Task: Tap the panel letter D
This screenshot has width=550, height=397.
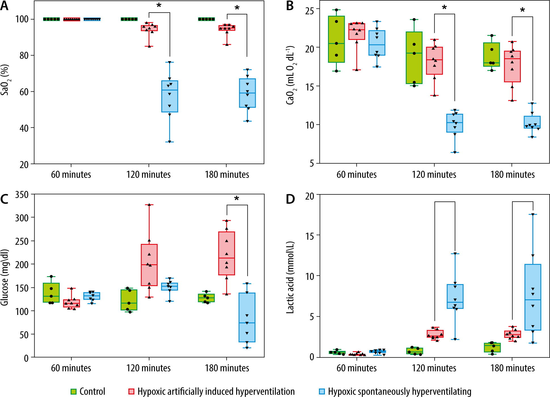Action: [290, 199]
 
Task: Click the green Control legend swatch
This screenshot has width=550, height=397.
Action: [73, 392]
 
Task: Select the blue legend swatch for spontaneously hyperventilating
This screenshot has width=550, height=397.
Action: [322, 392]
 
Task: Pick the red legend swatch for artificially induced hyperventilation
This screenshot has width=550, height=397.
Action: [131, 392]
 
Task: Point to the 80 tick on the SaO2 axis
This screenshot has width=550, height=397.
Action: [24, 55]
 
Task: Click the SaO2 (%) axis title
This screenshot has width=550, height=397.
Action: [5, 80]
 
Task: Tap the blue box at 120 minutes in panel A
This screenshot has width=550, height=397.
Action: [170, 96]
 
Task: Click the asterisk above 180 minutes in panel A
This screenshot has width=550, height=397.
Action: [237, 8]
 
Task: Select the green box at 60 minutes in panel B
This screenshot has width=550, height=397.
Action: [336, 39]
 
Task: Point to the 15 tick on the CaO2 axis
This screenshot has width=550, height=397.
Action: [310, 86]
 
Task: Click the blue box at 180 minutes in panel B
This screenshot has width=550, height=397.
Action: [532, 122]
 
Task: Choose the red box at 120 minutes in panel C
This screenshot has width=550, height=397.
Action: [149, 265]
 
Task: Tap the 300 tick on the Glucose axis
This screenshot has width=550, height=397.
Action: [22, 218]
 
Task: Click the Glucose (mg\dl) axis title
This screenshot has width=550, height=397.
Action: [5, 277]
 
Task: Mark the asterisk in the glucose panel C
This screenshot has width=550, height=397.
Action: [236, 199]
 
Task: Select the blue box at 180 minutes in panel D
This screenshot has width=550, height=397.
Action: [533, 297]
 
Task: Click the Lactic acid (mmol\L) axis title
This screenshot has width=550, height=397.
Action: [290, 277]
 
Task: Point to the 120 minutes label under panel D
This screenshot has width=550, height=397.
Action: [434, 368]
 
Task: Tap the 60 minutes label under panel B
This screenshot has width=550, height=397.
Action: [356, 175]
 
